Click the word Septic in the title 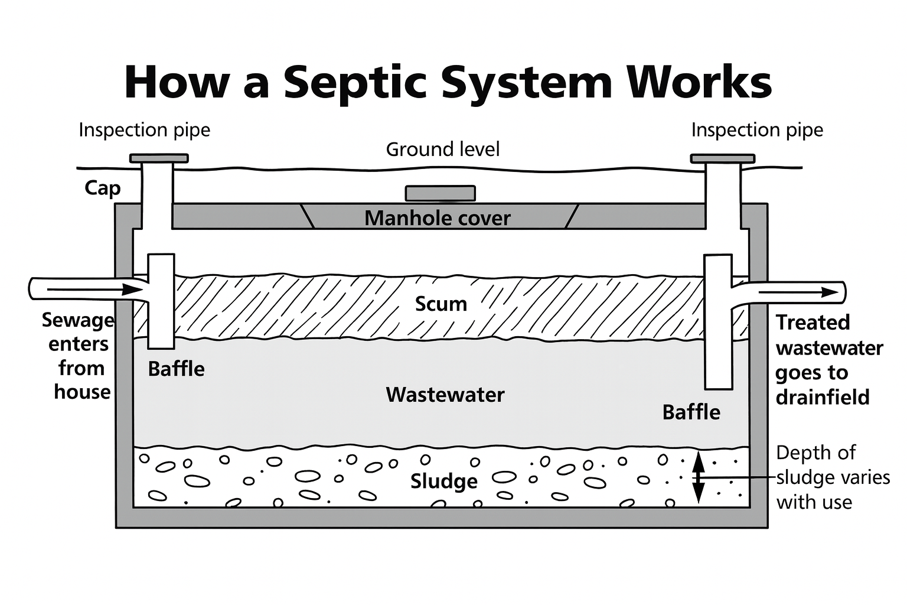click(x=355, y=83)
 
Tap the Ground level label click(x=442, y=149)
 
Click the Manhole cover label click(x=437, y=218)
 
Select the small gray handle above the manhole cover click(x=440, y=193)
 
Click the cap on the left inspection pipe click(x=159, y=158)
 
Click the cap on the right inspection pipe click(x=722, y=158)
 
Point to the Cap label click(x=102, y=188)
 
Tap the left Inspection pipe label click(x=144, y=130)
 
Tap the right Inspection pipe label click(x=756, y=130)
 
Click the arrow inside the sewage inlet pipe click(x=94, y=290)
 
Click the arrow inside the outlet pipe click(x=797, y=292)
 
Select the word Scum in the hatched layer click(x=441, y=304)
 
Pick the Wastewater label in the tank click(x=445, y=395)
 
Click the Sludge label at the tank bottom click(x=443, y=481)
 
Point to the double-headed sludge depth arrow click(x=699, y=477)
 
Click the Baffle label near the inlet click(x=176, y=369)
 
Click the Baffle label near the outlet click(x=691, y=412)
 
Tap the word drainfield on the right click(x=822, y=397)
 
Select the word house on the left click(x=82, y=392)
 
